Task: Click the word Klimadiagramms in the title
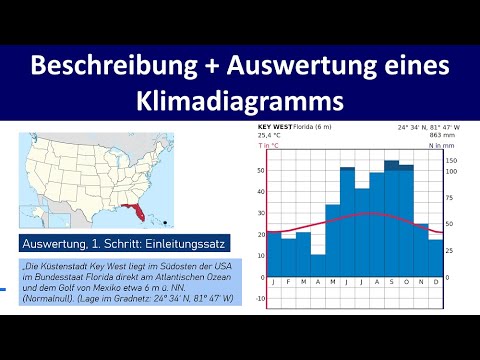tap(240, 100)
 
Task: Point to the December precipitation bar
tap(435, 254)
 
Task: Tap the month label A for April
tap(318, 284)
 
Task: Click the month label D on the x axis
tap(435, 284)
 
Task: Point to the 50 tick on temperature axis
tap(262, 170)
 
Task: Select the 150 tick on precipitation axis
tap(451, 159)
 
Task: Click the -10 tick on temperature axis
tap(261, 297)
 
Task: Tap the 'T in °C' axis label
tap(270, 145)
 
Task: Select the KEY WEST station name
tap(274, 127)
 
